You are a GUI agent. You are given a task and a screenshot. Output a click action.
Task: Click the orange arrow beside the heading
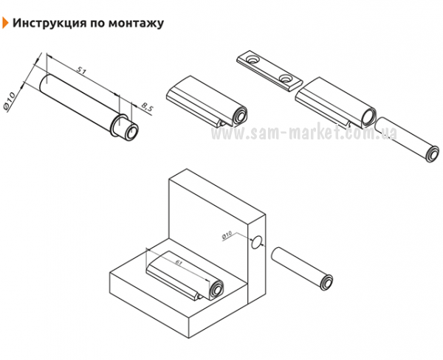[5, 23]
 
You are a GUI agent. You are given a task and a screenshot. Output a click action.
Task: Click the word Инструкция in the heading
[49, 23]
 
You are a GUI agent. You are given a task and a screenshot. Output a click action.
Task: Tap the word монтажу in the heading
[136, 24]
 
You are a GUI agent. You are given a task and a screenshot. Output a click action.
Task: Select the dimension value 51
[81, 71]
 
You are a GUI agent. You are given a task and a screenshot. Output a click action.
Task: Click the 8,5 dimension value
[147, 108]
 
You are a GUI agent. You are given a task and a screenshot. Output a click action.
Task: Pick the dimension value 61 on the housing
[178, 263]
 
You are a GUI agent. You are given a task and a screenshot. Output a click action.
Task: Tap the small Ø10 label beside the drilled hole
[227, 235]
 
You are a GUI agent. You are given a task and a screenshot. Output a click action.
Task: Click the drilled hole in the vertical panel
[256, 242]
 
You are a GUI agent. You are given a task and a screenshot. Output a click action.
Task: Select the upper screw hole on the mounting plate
[251, 60]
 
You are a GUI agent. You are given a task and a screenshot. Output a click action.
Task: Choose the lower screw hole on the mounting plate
[285, 78]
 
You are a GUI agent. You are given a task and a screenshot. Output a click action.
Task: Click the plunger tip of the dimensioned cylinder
[131, 131]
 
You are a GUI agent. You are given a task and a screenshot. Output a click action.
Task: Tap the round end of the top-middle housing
[240, 116]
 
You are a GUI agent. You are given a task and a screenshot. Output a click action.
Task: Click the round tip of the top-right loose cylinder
[432, 154]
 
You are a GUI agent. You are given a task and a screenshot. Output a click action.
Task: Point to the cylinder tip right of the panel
[326, 282]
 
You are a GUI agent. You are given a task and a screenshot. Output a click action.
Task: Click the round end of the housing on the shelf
[216, 290]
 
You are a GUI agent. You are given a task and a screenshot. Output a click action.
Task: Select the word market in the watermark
[313, 132]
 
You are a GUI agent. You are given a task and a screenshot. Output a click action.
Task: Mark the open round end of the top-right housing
[369, 117]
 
